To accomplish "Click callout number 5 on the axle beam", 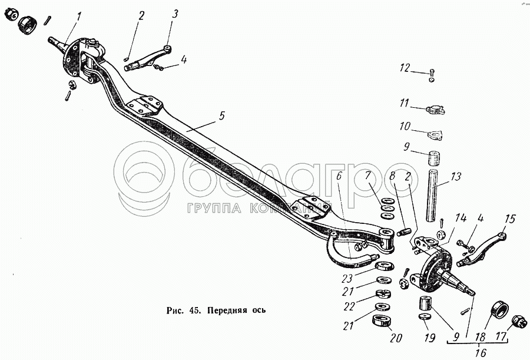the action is coord(221,115).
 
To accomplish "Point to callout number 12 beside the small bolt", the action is coord(405,68).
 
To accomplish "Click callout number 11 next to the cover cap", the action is coord(404,103).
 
